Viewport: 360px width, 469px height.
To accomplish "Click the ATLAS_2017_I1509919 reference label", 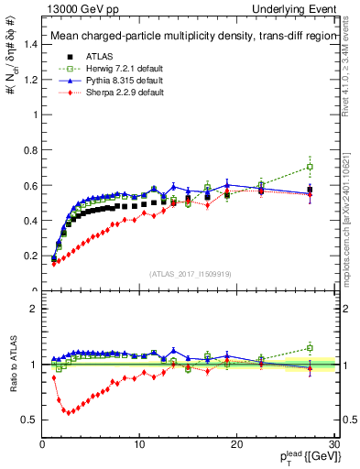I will (x=189, y=273).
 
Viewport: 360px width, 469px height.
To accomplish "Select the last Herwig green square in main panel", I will (x=310, y=167).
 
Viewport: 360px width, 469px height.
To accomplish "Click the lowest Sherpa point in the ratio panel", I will (x=66, y=412).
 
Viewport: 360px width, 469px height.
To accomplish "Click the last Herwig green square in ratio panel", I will (x=310, y=348).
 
